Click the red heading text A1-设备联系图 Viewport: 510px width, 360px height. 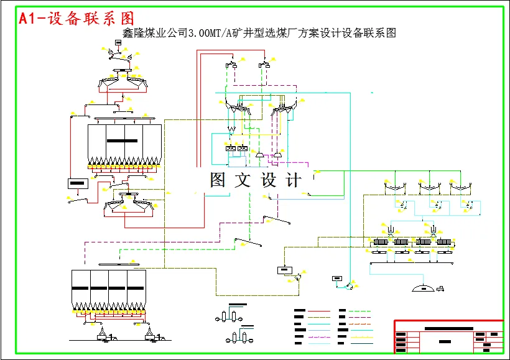76,19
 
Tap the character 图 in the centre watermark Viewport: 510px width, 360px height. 218,180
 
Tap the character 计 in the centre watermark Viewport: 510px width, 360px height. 293,180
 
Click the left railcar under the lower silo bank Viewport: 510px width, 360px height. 101,336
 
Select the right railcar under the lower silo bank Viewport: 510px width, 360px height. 151,336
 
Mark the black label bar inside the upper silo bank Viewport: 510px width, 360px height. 122,141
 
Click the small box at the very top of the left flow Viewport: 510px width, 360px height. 118,43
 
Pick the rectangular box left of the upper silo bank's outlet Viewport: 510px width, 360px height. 78,183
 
